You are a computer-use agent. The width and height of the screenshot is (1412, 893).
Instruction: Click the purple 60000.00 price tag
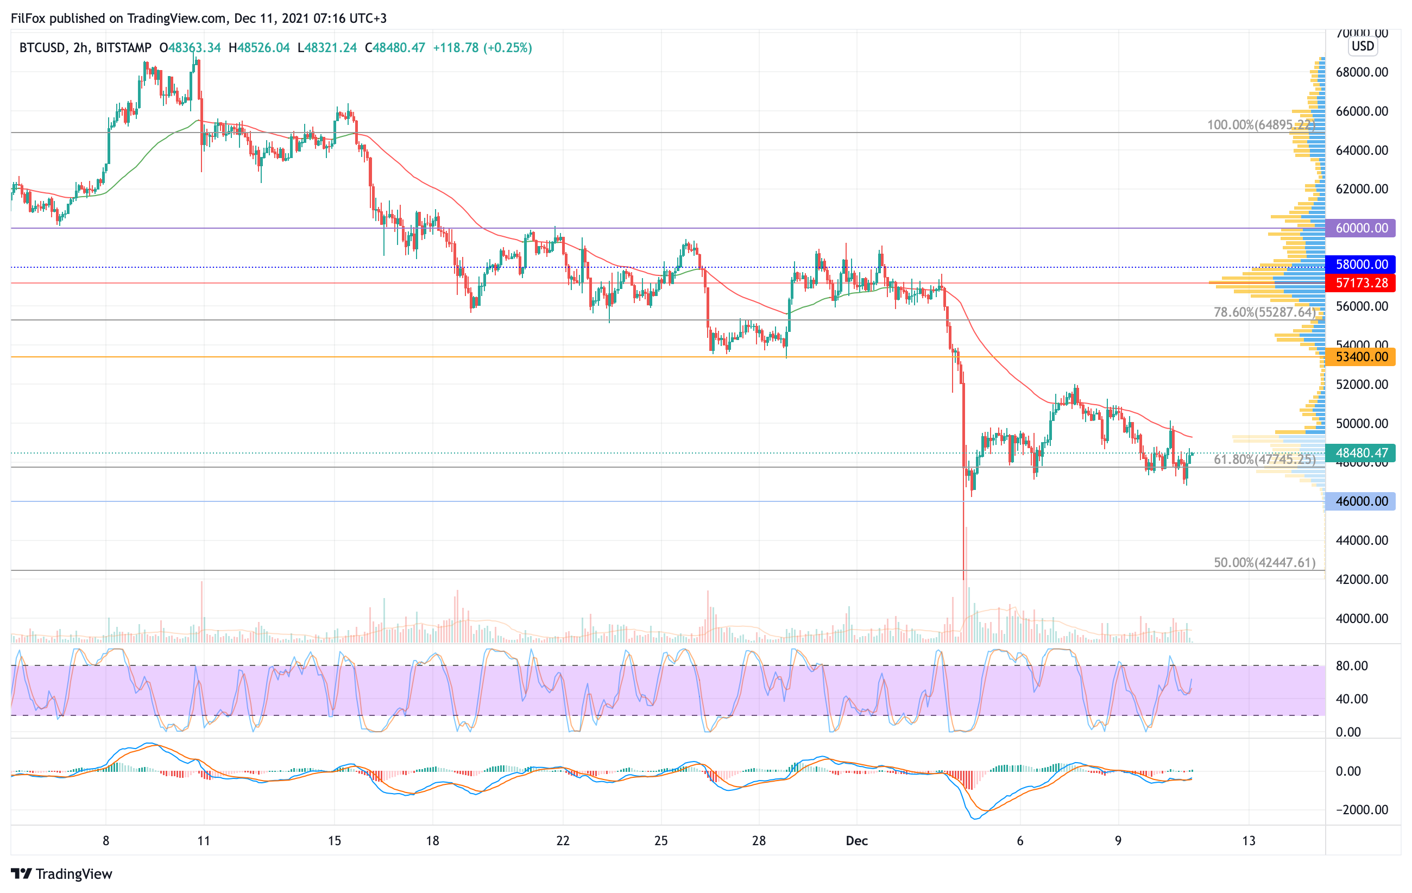pyautogui.click(x=1360, y=228)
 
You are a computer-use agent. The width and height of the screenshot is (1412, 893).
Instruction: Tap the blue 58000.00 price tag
pyautogui.click(x=1360, y=265)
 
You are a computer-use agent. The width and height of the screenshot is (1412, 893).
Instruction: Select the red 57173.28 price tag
pyautogui.click(x=1360, y=283)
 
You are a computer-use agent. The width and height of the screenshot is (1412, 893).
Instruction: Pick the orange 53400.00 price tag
pyautogui.click(x=1360, y=356)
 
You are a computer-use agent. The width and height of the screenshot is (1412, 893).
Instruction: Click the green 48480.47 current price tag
pyautogui.click(x=1360, y=452)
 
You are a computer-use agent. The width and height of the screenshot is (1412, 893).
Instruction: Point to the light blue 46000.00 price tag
pyautogui.click(x=1360, y=501)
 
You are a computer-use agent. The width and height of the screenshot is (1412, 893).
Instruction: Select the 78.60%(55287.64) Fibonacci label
pyautogui.click(x=1264, y=312)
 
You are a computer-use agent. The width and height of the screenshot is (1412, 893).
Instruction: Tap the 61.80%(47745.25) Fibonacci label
pyautogui.click(x=1264, y=459)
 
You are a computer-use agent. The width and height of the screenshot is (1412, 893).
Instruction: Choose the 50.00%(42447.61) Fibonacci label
pyautogui.click(x=1264, y=563)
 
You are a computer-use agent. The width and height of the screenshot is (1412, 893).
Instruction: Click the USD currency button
pyautogui.click(x=1363, y=46)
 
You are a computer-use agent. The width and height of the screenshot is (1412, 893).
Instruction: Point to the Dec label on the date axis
pyautogui.click(x=856, y=841)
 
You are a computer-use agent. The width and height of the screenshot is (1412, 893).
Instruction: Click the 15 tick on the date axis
pyautogui.click(x=334, y=841)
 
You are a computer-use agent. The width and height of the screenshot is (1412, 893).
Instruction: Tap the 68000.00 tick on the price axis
pyautogui.click(x=1361, y=72)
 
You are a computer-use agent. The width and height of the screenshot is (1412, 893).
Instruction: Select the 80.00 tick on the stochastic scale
pyautogui.click(x=1352, y=665)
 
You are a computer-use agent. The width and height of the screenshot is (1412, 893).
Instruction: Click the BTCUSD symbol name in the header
pyautogui.click(x=42, y=47)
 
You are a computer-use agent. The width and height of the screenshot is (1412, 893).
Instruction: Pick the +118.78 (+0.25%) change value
pyautogui.click(x=482, y=47)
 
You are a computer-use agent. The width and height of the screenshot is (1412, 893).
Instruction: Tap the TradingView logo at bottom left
pyautogui.click(x=61, y=873)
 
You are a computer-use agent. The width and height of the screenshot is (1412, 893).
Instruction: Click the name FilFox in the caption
pyautogui.click(x=28, y=18)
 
